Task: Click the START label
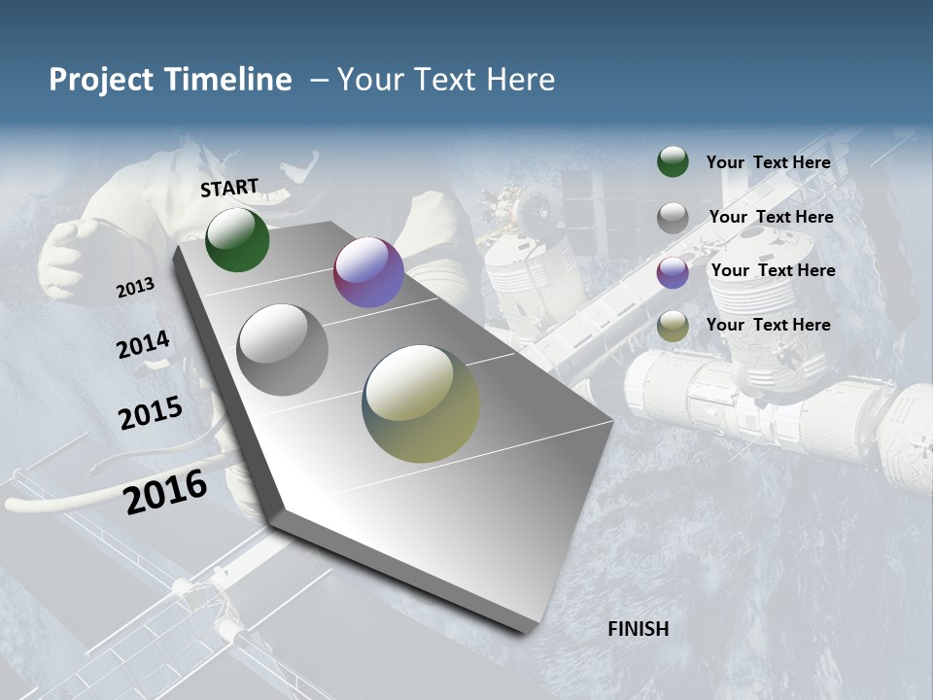pos(229,187)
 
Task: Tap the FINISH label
pos(638,629)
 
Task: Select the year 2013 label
pos(135,287)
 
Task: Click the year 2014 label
pos(143,344)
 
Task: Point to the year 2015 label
pos(150,413)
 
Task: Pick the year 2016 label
pos(165,491)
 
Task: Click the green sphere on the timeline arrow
pos(237,239)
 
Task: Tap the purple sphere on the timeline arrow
pos(368,272)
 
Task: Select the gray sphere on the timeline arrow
pos(282,349)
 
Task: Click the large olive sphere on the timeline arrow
pos(421,403)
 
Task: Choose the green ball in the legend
pos(673,162)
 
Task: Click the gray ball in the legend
pos(673,218)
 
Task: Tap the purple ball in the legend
pos(673,272)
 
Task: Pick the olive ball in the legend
pos(673,327)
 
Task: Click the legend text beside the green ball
pos(768,162)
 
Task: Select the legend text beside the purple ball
pos(773,270)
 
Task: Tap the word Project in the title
pos(101,80)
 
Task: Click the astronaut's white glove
pos(68,255)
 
